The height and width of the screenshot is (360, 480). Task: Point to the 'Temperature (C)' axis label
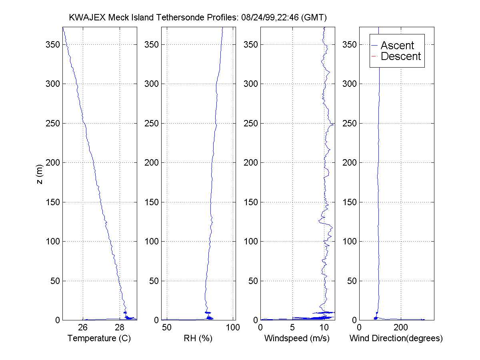pyautogui.click(x=100, y=338)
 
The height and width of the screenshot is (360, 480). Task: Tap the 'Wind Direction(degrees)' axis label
pyautogui.click(x=396, y=338)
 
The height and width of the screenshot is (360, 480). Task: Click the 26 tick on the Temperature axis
pyautogui.click(x=83, y=328)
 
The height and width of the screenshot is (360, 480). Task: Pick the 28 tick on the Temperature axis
pyautogui.click(x=119, y=328)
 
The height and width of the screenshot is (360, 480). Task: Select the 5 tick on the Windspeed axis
pyautogui.click(x=293, y=328)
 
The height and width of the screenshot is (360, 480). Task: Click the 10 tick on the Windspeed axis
pyautogui.click(x=325, y=328)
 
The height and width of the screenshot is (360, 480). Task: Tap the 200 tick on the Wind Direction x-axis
pyautogui.click(x=401, y=328)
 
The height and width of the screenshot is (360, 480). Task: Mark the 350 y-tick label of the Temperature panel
pyautogui.click(x=53, y=44)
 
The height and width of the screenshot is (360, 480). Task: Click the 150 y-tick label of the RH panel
pyautogui.click(x=152, y=202)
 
